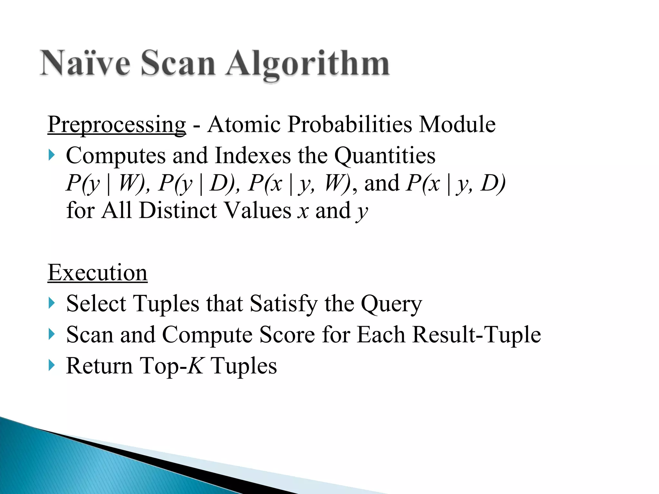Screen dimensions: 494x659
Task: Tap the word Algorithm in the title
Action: (x=308, y=64)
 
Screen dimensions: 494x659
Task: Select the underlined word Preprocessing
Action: (x=116, y=124)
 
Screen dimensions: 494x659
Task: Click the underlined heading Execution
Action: (x=97, y=273)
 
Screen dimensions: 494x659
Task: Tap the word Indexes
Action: (x=252, y=156)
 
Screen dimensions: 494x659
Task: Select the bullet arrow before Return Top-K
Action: (x=51, y=365)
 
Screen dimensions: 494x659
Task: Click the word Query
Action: (x=391, y=304)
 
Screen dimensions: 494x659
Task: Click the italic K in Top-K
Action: (x=196, y=366)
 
